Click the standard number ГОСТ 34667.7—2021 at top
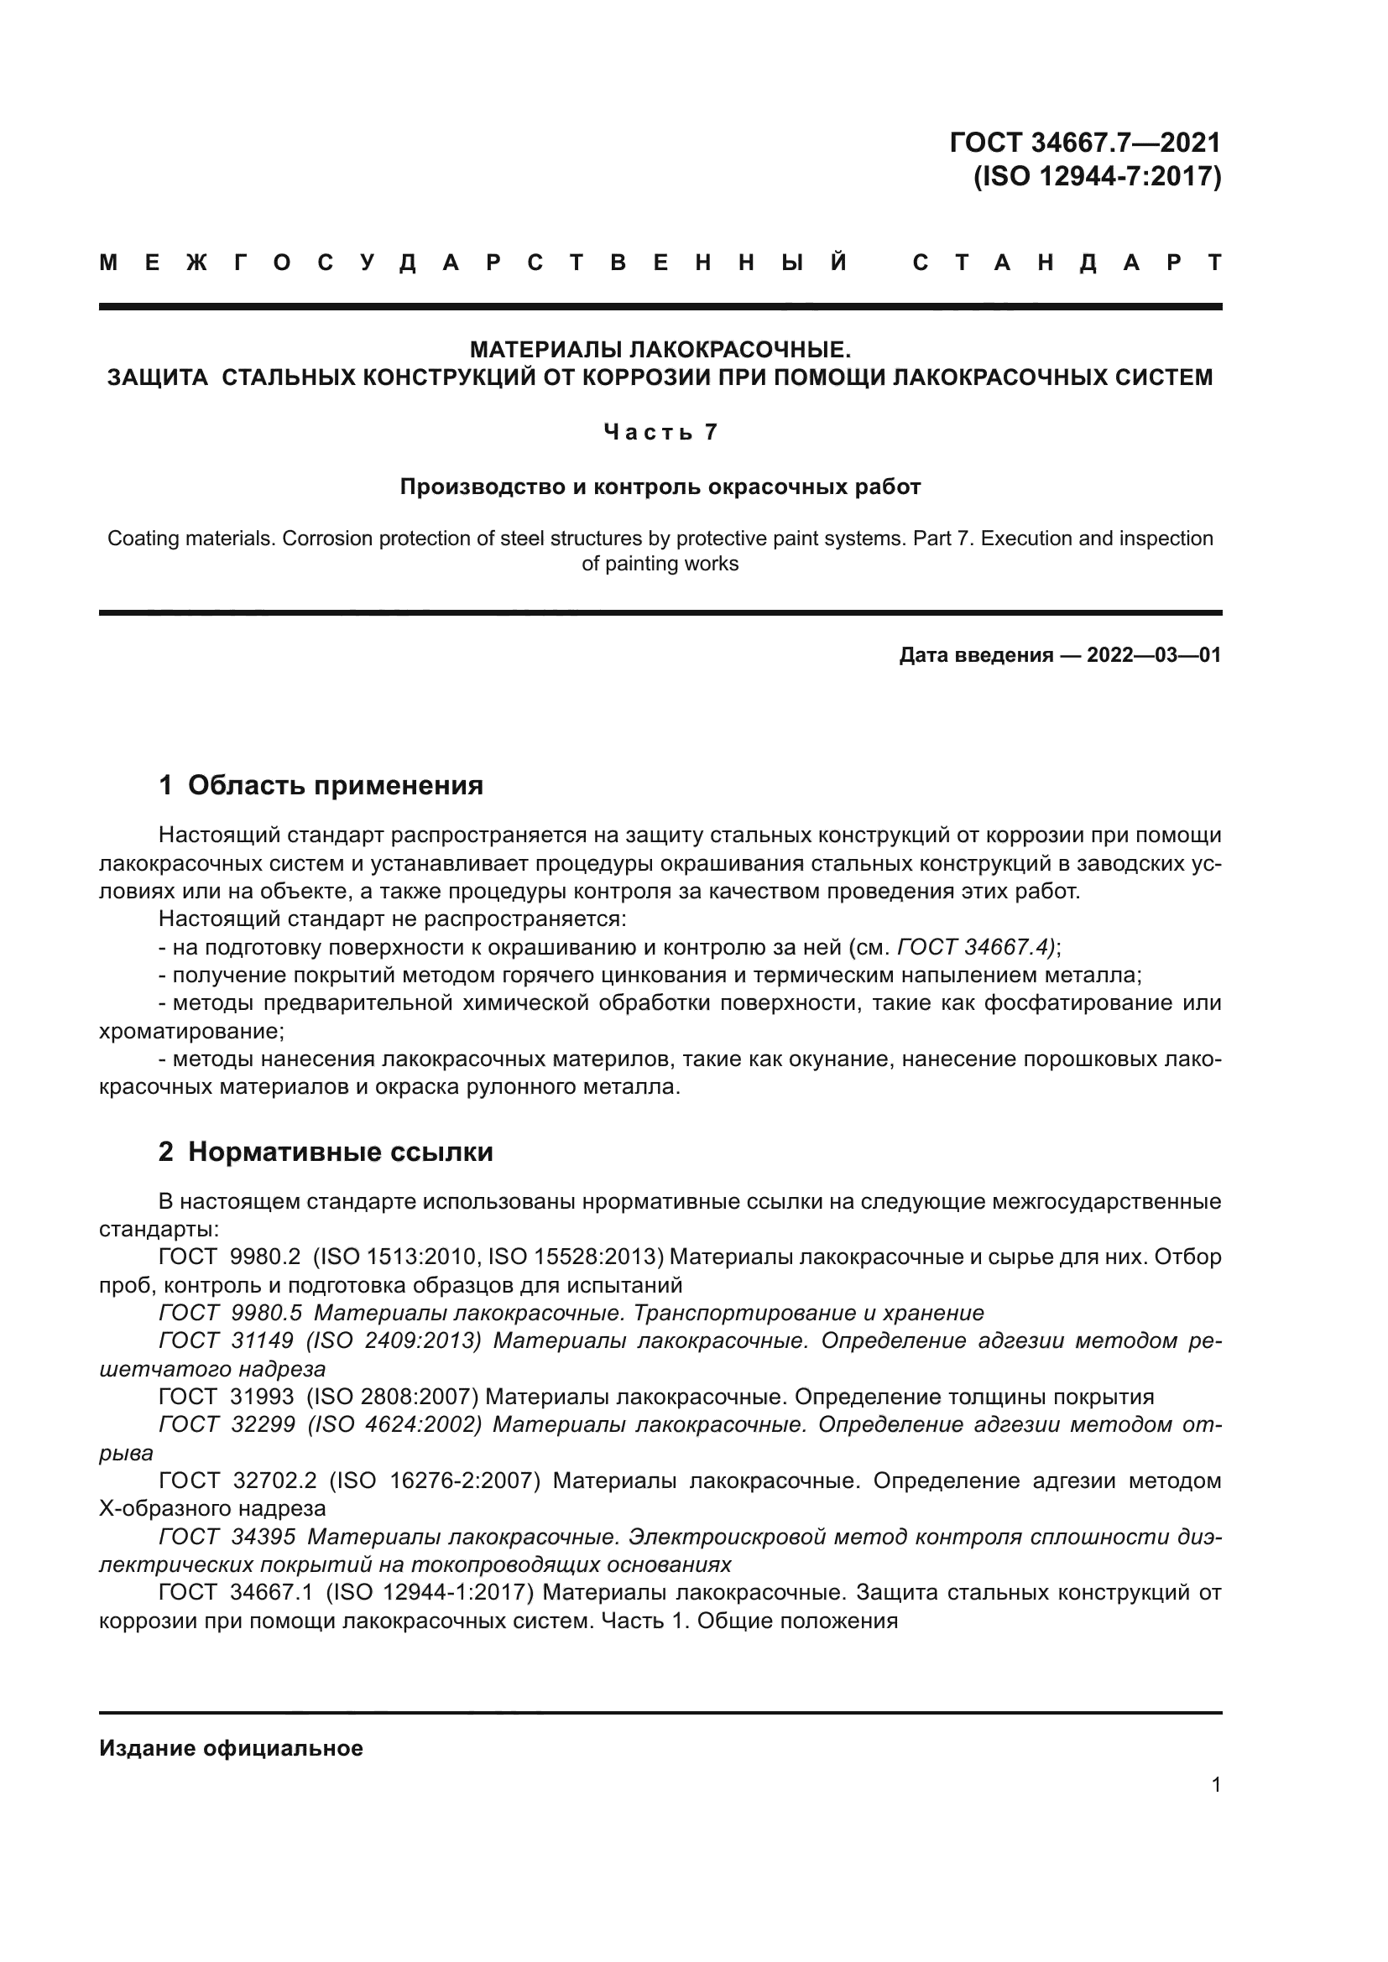point(1084,142)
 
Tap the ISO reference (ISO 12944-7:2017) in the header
point(1098,176)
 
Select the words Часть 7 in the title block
point(660,432)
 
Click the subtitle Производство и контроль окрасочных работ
point(660,487)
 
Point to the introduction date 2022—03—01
point(1154,655)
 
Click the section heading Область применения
point(335,784)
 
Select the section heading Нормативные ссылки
point(340,1152)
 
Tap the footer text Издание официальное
point(231,1748)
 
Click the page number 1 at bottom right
point(1216,1785)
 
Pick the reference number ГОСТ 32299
point(227,1424)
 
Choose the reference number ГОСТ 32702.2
point(237,1481)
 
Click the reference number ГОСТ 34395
point(227,1537)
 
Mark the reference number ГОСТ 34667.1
point(236,1592)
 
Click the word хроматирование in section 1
point(190,1032)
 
